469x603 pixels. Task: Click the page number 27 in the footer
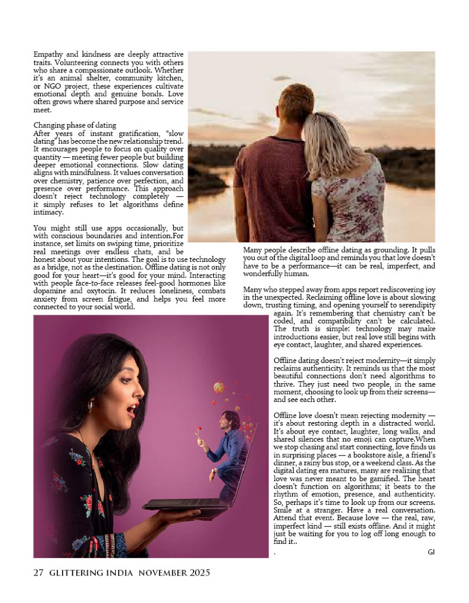(38, 573)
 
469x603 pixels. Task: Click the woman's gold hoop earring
(91, 405)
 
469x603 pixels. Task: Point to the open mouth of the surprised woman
(130, 412)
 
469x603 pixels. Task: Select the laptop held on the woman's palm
(183, 503)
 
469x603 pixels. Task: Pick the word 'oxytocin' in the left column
(169, 291)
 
